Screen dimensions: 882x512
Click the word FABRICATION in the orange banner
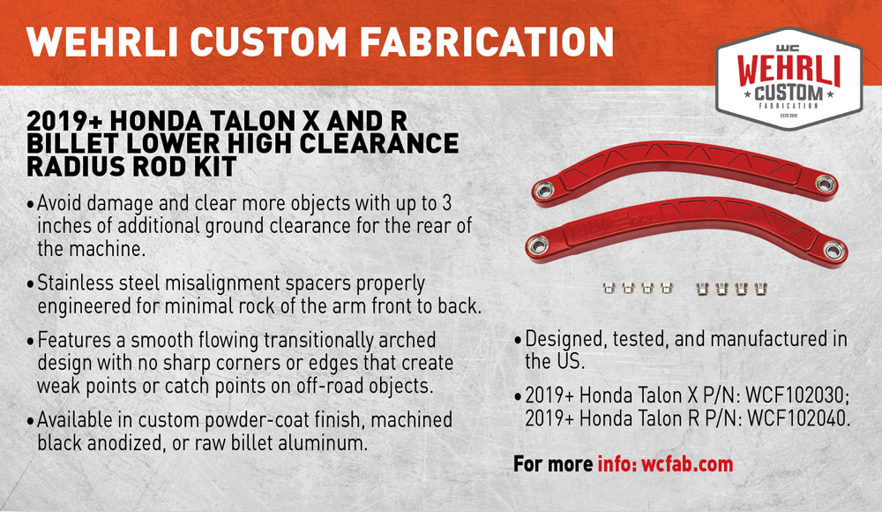(x=487, y=42)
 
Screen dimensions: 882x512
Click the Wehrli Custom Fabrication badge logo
(x=789, y=79)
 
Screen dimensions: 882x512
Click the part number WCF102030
(x=797, y=395)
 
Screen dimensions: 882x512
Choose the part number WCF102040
(x=797, y=418)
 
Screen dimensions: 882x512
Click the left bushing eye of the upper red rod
(x=544, y=190)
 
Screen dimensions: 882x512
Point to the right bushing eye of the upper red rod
(x=826, y=183)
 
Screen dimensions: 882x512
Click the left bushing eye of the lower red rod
(x=538, y=245)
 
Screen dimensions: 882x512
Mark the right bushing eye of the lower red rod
(x=834, y=249)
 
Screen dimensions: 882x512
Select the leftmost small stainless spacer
(x=608, y=289)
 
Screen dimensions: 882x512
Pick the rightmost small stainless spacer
(x=760, y=289)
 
